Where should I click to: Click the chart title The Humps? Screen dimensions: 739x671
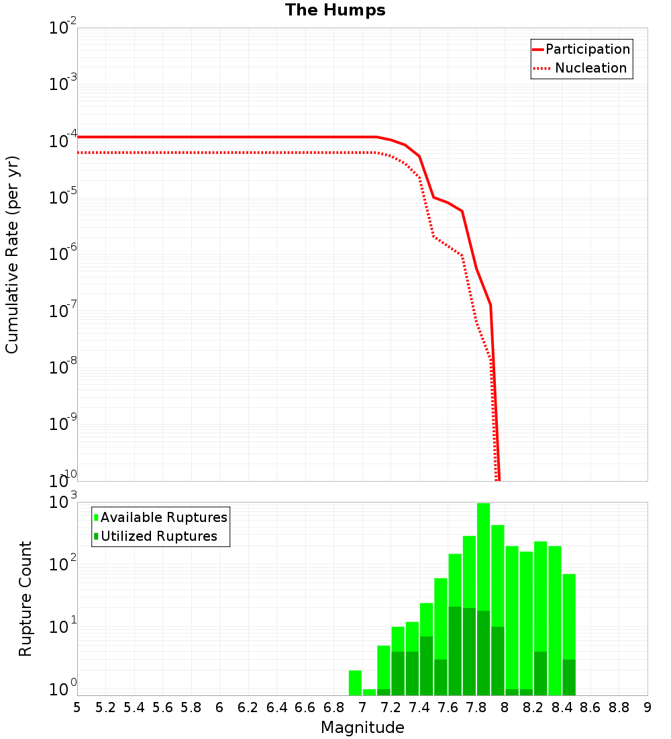click(x=335, y=10)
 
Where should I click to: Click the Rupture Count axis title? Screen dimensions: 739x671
click(x=25, y=598)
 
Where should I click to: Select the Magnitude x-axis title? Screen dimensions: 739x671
click(x=362, y=728)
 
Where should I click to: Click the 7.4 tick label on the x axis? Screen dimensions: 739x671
click(x=419, y=707)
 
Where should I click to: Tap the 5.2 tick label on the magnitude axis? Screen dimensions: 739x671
click(x=105, y=707)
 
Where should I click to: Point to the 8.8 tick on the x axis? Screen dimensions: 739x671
click(x=619, y=707)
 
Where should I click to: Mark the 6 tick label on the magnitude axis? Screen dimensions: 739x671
click(x=219, y=707)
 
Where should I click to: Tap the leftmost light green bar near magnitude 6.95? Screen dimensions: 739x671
click(x=355, y=683)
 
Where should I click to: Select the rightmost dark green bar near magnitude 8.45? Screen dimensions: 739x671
click(x=569, y=677)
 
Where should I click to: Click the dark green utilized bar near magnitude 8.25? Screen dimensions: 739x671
click(x=540, y=673)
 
